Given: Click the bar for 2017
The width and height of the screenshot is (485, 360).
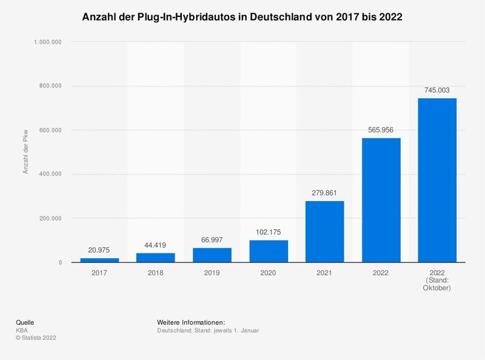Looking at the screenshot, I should (x=99, y=260).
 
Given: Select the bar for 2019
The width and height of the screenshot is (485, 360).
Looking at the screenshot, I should (x=212, y=255).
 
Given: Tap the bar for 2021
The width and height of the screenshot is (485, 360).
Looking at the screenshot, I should (x=324, y=232).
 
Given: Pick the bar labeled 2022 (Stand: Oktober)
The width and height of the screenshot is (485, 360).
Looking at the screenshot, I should (x=437, y=180).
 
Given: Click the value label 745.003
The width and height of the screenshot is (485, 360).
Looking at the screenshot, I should (x=437, y=90).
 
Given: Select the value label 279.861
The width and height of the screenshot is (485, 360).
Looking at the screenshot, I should (x=324, y=193).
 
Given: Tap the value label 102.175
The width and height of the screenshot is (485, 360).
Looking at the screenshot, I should (x=269, y=232).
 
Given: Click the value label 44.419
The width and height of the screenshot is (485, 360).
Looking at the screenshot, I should (x=156, y=245).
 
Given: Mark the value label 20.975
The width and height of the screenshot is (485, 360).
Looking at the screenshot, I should (x=99, y=250).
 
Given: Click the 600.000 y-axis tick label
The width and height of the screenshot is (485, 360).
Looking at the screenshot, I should (x=50, y=130).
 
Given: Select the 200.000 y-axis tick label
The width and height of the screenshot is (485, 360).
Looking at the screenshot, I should (x=50, y=218).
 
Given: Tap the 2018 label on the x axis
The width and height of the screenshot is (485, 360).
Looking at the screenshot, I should (x=156, y=273).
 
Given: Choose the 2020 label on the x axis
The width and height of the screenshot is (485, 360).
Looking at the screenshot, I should (x=269, y=273).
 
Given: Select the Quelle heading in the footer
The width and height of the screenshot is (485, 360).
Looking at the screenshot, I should (x=25, y=321).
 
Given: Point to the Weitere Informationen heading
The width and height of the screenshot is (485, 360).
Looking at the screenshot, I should (x=190, y=321).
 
